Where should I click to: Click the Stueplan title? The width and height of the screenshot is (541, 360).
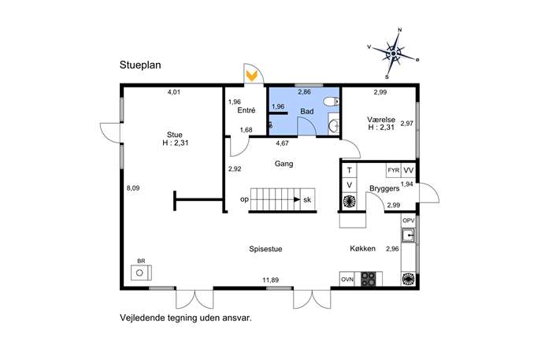tap(140, 65)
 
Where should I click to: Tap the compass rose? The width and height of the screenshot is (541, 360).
tap(393, 54)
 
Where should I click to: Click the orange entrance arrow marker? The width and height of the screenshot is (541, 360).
tap(252, 76)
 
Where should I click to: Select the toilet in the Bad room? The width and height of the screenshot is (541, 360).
tap(332, 101)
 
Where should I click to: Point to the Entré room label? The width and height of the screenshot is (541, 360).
tap(246, 110)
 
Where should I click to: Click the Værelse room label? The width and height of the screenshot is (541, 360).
tap(381, 120)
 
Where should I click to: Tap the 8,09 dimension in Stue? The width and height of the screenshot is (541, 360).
tap(133, 188)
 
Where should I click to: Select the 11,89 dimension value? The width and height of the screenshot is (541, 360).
tap(271, 280)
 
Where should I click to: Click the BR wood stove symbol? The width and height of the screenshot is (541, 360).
tap(141, 273)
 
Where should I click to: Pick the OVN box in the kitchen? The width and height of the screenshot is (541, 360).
tap(347, 279)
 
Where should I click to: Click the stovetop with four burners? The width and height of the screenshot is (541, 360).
tap(368, 279)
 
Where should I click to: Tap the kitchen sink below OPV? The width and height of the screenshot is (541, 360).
tap(409, 236)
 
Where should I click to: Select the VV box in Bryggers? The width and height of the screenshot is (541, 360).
tap(409, 170)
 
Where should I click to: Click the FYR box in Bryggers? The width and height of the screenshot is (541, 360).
tap(394, 170)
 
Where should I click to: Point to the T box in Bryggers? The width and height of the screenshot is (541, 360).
tap(350, 170)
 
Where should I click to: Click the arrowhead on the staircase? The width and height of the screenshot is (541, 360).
tap(297, 199)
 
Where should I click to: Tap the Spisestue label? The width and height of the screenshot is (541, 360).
tap(265, 249)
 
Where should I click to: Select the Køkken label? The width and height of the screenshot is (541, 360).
tap(362, 248)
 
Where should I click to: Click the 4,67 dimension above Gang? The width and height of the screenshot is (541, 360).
tap(282, 143)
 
